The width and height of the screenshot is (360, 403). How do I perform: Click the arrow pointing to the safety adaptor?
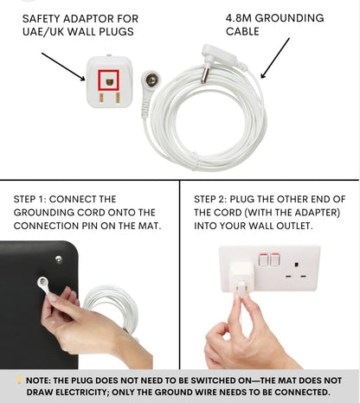coord(63,67)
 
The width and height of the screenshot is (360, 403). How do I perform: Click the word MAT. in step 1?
coord(149,227)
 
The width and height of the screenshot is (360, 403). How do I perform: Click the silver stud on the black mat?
coord(58,257)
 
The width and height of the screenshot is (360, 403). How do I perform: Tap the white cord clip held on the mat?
coord(42,283)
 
